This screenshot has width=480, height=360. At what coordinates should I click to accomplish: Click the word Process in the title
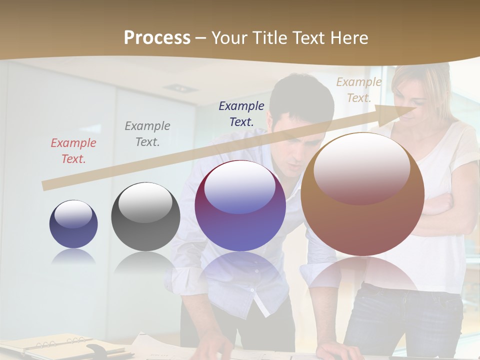(x=157, y=38)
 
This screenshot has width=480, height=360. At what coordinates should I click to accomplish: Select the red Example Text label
(x=73, y=151)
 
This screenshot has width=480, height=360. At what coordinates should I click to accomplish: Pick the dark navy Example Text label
(x=241, y=113)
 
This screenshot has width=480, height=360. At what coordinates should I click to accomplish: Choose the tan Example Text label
(x=358, y=90)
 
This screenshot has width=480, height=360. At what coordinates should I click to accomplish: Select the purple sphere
(x=240, y=206)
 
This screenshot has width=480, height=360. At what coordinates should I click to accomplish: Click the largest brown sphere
(x=362, y=194)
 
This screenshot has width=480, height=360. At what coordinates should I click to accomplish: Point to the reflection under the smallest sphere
(x=73, y=256)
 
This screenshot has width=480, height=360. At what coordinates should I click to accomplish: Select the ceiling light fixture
(x=180, y=88)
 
